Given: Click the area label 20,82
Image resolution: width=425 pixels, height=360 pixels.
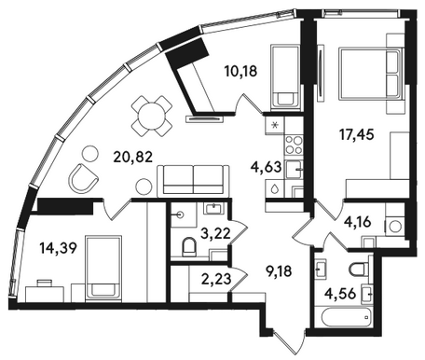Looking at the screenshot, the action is click(x=133, y=158).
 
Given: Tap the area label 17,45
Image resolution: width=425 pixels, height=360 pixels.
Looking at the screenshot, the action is click(x=357, y=135).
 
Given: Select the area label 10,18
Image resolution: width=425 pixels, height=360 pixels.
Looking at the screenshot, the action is click(x=240, y=71).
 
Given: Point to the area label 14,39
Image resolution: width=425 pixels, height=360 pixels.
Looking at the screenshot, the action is click(x=58, y=248).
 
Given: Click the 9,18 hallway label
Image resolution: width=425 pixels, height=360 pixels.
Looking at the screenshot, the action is click(x=280, y=271).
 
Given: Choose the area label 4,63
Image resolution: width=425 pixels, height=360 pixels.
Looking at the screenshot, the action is click(x=266, y=167).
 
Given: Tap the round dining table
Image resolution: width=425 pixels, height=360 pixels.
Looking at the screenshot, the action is click(x=152, y=116).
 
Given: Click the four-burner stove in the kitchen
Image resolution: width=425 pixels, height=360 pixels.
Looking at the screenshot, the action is click(x=294, y=145).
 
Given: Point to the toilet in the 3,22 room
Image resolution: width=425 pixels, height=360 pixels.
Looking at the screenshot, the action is click(x=188, y=247).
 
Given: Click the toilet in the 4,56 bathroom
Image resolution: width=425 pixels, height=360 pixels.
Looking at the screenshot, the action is click(x=358, y=270).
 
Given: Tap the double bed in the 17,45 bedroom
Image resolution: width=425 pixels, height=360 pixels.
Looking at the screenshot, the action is click(x=371, y=74).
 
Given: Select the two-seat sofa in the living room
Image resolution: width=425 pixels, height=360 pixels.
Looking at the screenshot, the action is click(x=194, y=181).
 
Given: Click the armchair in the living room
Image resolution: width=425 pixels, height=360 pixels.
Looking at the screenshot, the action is click(x=82, y=178).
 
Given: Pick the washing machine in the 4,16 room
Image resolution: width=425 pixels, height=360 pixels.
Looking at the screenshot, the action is click(x=395, y=226).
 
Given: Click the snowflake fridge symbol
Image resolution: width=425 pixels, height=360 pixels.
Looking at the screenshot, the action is click(x=275, y=125).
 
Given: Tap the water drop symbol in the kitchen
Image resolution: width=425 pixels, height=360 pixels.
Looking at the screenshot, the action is click(x=274, y=188).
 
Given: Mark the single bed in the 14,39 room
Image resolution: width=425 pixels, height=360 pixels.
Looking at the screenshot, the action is click(x=103, y=268).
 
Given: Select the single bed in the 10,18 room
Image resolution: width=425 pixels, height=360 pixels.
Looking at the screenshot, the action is click(x=285, y=77).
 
